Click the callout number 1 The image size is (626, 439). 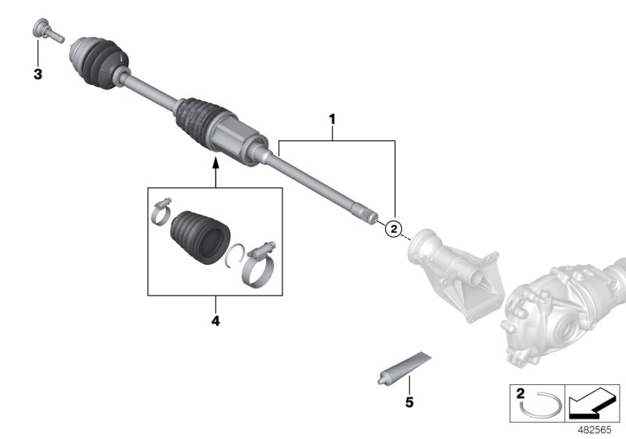332,119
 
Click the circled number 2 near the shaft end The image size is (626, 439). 394,228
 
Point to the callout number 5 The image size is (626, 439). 407,405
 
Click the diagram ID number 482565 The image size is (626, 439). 600,430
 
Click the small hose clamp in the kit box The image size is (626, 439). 162,209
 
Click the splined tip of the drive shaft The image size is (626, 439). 366,212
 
